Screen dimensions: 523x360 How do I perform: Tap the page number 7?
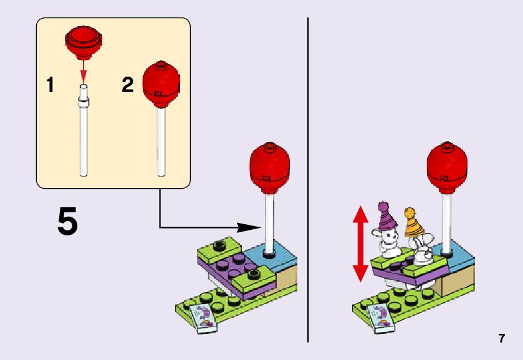point(501,338)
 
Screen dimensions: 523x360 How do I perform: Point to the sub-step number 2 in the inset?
point(127,85)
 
